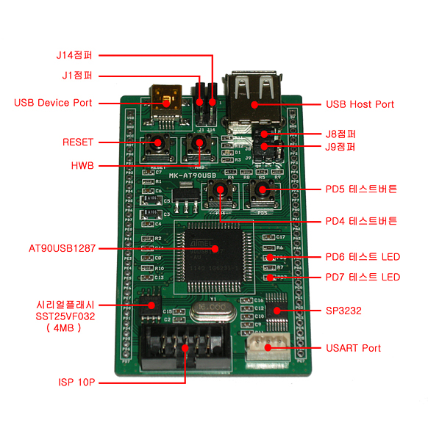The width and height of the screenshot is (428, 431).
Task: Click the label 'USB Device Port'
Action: (x=53, y=103)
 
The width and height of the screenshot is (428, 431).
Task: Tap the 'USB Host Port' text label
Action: (x=360, y=104)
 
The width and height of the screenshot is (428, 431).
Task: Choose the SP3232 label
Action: (x=343, y=311)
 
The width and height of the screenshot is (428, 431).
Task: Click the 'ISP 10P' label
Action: (x=76, y=383)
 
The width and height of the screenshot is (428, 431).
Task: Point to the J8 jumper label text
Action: (x=340, y=134)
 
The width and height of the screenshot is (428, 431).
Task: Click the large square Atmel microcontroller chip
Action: (x=214, y=253)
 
